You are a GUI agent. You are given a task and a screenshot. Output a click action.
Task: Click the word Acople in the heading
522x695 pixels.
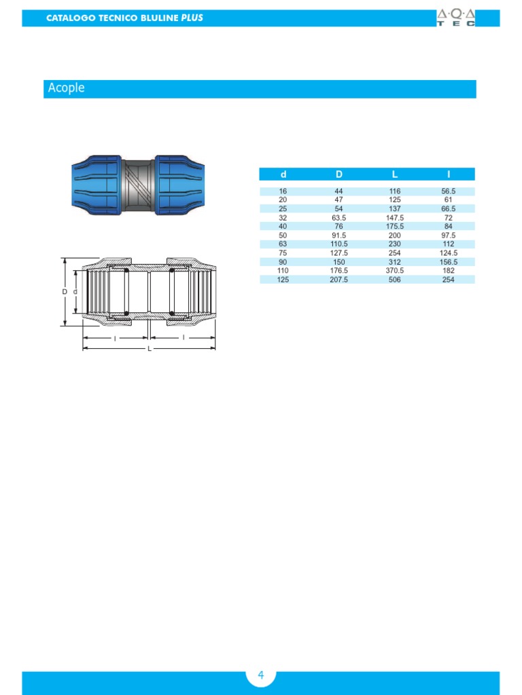[x=66, y=88]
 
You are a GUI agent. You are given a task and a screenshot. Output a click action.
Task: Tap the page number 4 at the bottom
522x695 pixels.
[x=261, y=675]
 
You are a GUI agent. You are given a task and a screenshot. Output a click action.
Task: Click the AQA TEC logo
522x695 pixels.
[x=456, y=18]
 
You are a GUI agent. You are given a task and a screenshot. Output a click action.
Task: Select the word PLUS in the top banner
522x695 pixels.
[x=192, y=18]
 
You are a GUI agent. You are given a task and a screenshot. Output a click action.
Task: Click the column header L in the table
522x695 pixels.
[x=395, y=174]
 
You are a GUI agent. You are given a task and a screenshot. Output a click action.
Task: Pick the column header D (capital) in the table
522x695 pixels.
[x=338, y=174]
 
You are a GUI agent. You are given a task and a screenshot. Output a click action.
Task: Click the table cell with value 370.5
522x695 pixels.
[x=395, y=270]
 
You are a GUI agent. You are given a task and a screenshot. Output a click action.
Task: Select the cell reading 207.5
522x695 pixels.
[x=338, y=280]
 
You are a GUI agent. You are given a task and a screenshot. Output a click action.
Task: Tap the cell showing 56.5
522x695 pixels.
[x=449, y=191]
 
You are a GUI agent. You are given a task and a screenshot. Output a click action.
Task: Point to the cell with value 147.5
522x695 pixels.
[x=395, y=218]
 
